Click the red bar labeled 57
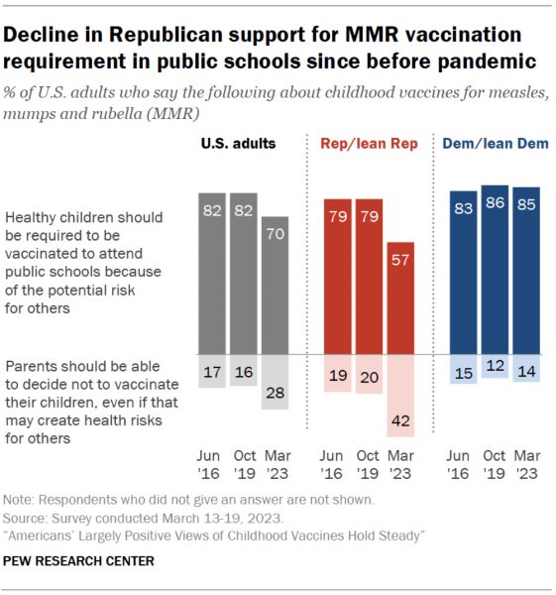pyautogui.click(x=400, y=298)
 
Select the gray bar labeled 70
pyautogui.click(x=275, y=286)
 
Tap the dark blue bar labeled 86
pyautogui.click(x=495, y=270)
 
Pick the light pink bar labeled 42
pyautogui.click(x=400, y=396)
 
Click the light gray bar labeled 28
pyautogui.click(x=275, y=382)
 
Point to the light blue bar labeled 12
pyautogui.click(x=495, y=366)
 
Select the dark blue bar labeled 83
pyautogui.click(x=464, y=273)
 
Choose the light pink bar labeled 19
pyautogui.click(x=338, y=373)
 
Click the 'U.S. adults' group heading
pyautogui.click(x=238, y=144)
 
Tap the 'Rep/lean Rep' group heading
pyautogui.click(x=369, y=144)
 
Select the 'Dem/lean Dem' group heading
pyautogui.click(x=496, y=144)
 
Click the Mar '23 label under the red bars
pyautogui.click(x=400, y=464)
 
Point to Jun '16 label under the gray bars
pyautogui.click(x=208, y=464)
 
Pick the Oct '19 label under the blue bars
pyautogui.click(x=495, y=464)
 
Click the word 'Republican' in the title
pyautogui.click(x=166, y=35)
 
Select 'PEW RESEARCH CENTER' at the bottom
pyautogui.click(x=78, y=561)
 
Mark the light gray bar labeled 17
pyautogui.click(x=212, y=371)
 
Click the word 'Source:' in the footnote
pyautogui.click(x=25, y=519)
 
